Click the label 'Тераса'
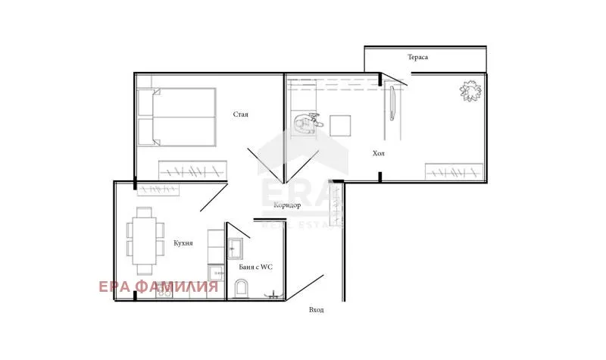(418, 58)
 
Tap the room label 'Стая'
(241, 114)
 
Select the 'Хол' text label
(379, 153)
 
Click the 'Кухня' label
(182, 243)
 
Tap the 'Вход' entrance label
(316, 310)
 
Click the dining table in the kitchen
(143, 241)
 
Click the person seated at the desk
(307, 121)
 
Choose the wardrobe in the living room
(454, 172)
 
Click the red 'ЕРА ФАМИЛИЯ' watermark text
(158, 286)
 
